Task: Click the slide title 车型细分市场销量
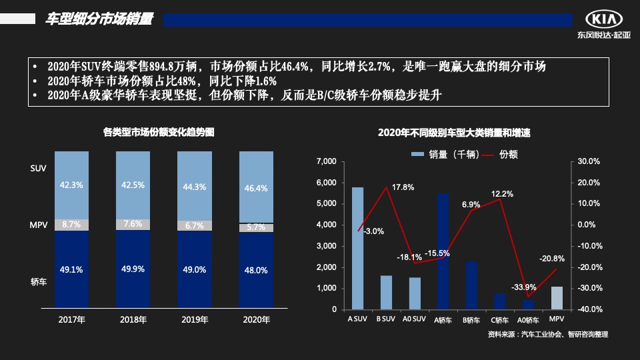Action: click(x=99, y=19)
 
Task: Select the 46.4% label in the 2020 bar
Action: click(x=256, y=189)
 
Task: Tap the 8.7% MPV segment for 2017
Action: click(x=71, y=225)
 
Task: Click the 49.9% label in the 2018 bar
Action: click(x=133, y=269)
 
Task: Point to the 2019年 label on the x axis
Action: click(x=195, y=320)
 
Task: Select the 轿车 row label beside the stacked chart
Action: click(x=39, y=283)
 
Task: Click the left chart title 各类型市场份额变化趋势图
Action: click(x=159, y=133)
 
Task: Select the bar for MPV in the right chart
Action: click(x=557, y=298)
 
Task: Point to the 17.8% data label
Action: click(x=403, y=187)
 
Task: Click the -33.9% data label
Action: click(x=523, y=287)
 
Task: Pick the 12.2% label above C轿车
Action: click(x=502, y=194)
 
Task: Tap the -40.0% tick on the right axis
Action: click(x=589, y=310)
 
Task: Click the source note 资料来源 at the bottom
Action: click(x=547, y=334)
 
